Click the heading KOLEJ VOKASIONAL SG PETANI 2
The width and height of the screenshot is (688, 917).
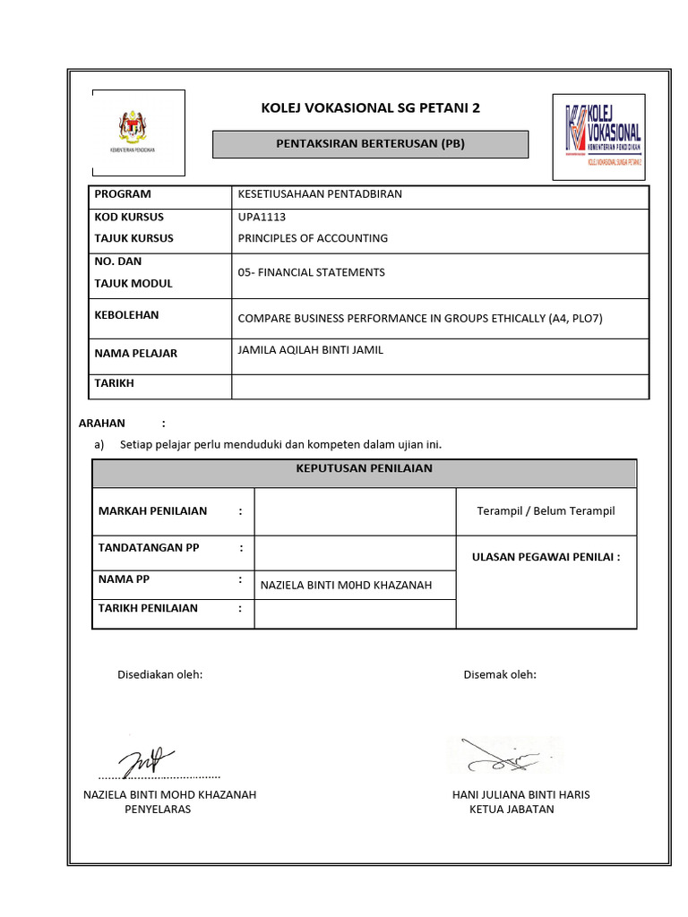click(x=370, y=108)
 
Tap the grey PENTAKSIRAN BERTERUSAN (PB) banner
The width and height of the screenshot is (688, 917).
click(x=370, y=144)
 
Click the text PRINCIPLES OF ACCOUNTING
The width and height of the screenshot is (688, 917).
click(x=313, y=238)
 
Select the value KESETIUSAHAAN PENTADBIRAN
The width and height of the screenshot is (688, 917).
click(x=320, y=194)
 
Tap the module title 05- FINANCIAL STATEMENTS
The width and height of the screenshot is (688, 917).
click(x=311, y=272)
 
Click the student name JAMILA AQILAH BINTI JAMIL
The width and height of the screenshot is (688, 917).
click(x=310, y=350)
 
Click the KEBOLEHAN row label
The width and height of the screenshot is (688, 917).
click(x=126, y=315)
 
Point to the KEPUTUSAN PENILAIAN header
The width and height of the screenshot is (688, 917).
click(x=364, y=468)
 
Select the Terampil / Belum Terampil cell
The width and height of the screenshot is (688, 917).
click(x=546, y=511)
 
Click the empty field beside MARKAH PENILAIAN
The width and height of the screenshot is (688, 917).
click(x=355, y=511)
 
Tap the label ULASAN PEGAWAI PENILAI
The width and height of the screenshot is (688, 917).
click(x=546, y=557)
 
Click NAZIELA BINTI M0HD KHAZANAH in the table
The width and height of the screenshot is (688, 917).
click(x=346, y=586)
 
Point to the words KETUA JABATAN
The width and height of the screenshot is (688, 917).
click(x=512, y=810)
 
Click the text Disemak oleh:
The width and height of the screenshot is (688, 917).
click(x=500, y=674)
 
